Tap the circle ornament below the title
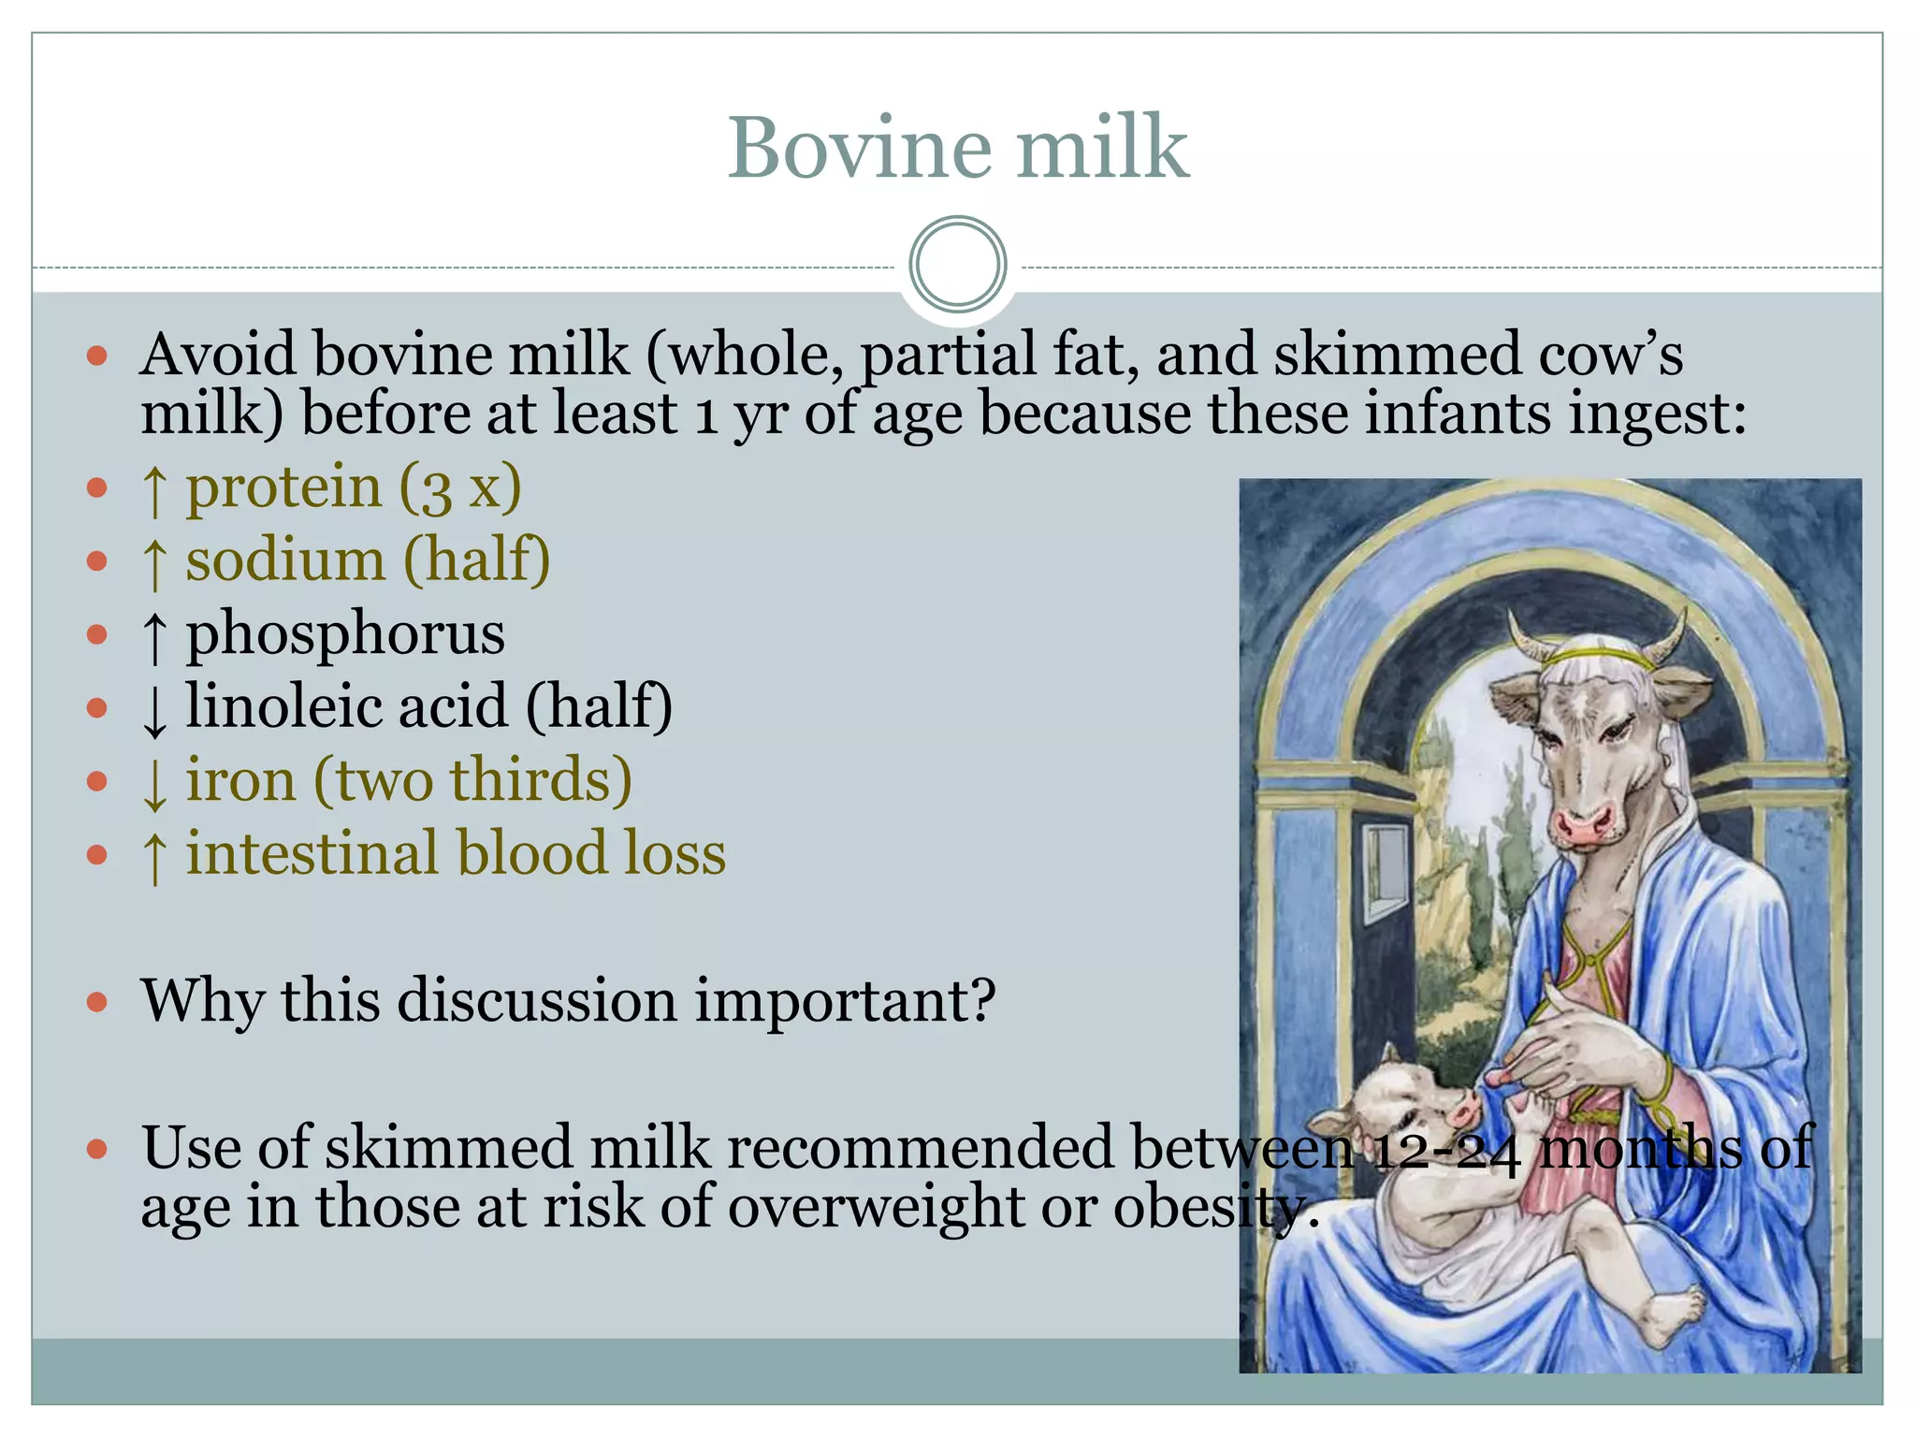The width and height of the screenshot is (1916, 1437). (957, 265)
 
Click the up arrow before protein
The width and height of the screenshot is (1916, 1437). (155, 490)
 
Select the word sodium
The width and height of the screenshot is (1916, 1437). (284, 560)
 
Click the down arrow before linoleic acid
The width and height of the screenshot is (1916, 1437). (155, 709)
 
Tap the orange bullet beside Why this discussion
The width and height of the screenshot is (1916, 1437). (97, 1003)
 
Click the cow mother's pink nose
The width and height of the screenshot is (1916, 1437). (1584, 824)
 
